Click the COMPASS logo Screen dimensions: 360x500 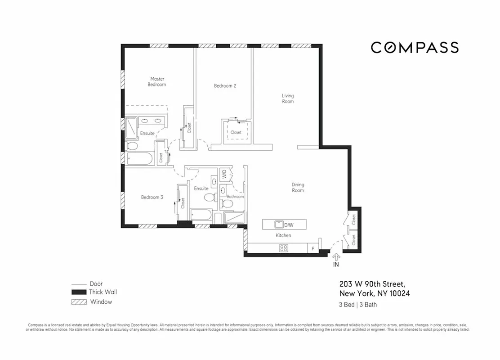[x=414, y=47]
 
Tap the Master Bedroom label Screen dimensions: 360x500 [x=157, y=81]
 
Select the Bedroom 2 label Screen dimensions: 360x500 [x=225, y=85]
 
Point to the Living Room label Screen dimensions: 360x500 [x=288, y=98]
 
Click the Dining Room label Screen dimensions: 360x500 [x=298, y=187]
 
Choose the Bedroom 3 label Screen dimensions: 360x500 [x=152, y=197]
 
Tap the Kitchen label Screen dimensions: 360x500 [x=283, y=235]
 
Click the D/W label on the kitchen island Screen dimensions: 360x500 [x=288, y=224]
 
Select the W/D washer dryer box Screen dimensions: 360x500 [x=224, y=174]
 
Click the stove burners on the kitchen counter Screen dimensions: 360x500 [x=284, y=247]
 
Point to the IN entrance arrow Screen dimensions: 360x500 [x=336, y=258]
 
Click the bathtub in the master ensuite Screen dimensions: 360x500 [x=140, y=158]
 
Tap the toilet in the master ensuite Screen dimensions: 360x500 [x=132, y=146]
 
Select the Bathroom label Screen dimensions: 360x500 [x=235, y=197]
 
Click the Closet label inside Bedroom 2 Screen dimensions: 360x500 [x=236, y=132]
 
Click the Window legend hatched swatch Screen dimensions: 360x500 [x=79, y=302]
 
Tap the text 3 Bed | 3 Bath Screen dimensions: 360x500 [x=357, y=305]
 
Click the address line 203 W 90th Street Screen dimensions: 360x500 [x=372, y=284]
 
